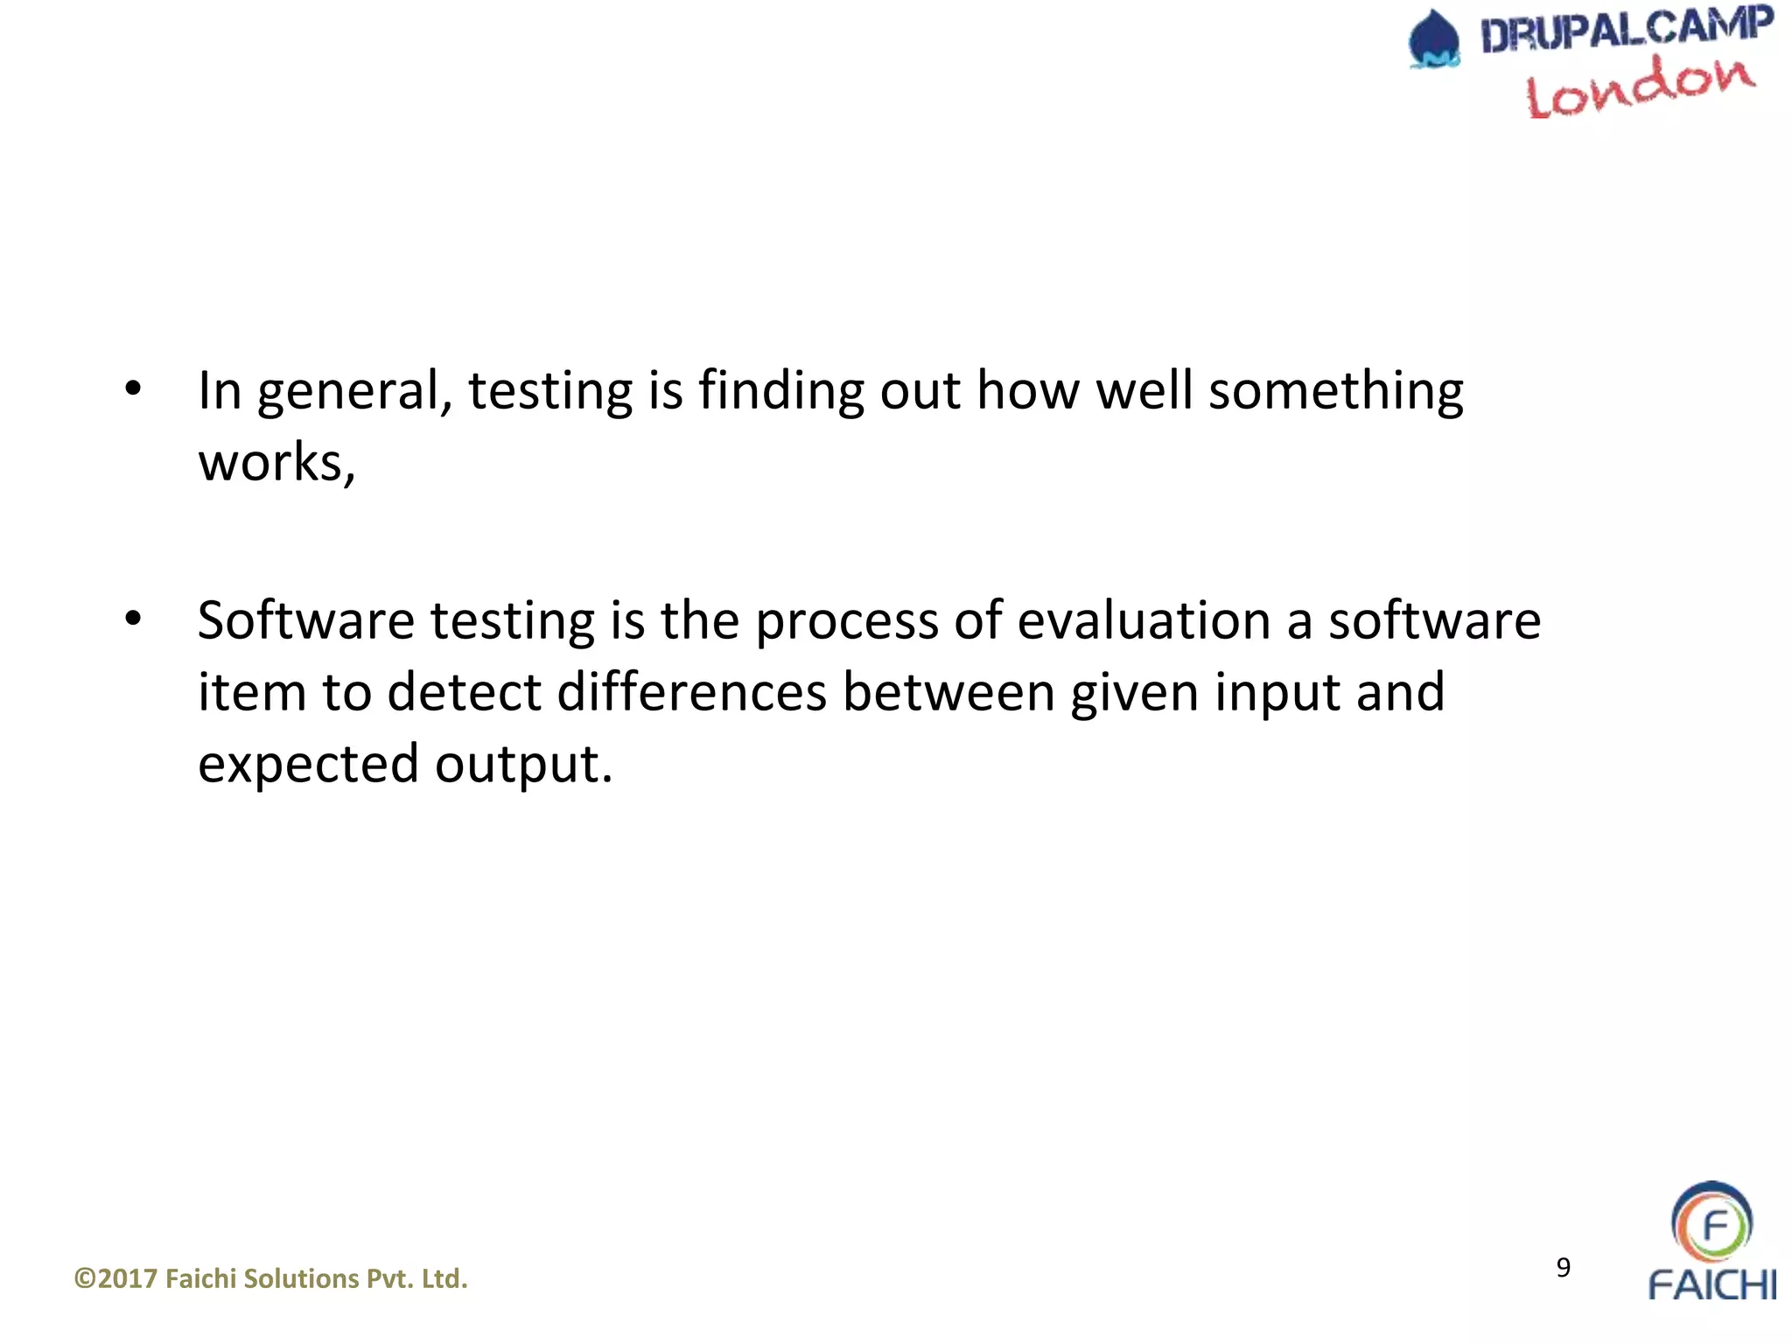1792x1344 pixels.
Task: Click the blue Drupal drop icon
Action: click(x=1433, y=39)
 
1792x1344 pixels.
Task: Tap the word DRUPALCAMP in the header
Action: click(x=1626, y=31)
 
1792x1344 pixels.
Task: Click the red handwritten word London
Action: click(x=1640, y=87)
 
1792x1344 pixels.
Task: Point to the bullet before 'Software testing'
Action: click(x=132, y=619)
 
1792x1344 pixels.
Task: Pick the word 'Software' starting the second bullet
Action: click(x=305, y=620)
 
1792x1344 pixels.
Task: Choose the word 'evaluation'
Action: click(x=1144, y=620)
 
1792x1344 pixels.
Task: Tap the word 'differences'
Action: click(x=691, y=692)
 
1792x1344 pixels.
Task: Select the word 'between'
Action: click(x=948, y=692)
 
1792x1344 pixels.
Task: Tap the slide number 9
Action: click(x=1563, y=1267)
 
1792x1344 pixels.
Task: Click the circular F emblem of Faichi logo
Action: click(x=1711, y=1224)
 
